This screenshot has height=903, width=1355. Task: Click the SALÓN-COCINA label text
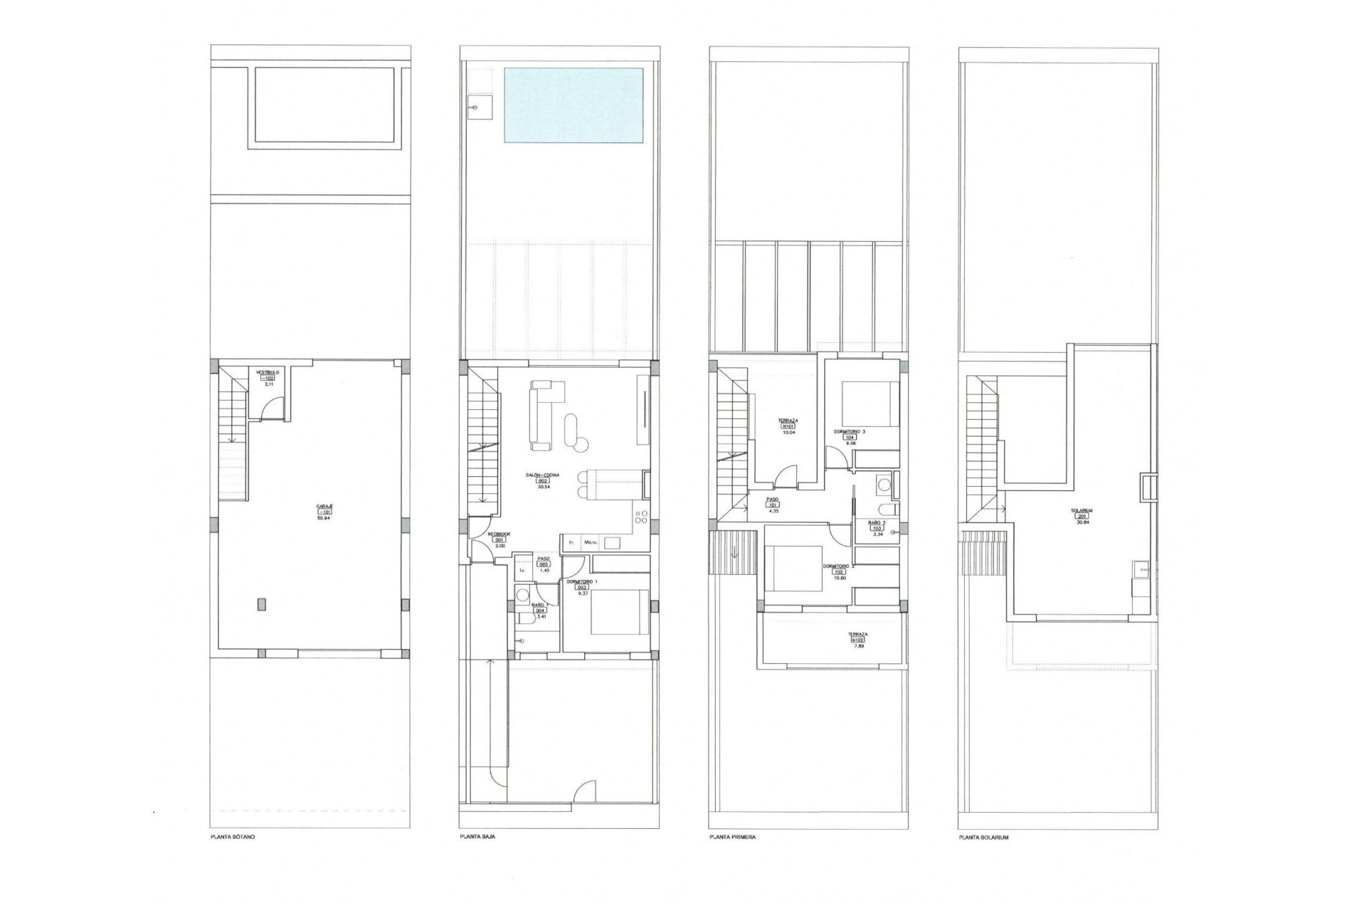543,475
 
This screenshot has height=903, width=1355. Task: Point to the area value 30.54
543,487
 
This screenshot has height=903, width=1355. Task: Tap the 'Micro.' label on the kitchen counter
591,543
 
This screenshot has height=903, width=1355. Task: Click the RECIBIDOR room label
500,535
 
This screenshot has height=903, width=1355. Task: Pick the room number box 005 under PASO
543,564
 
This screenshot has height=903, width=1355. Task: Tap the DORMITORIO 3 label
850,431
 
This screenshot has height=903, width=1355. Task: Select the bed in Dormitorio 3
869,403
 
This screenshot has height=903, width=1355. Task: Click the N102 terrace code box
858,641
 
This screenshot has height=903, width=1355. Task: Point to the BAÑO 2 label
877,522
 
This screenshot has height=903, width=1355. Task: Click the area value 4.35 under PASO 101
773,511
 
